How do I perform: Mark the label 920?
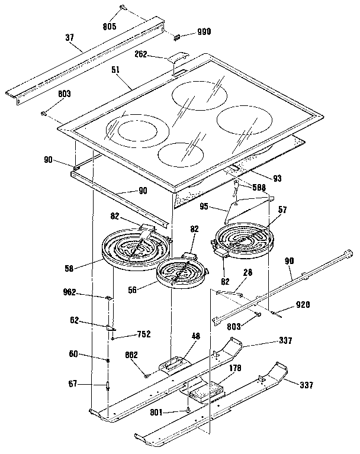(302, 305)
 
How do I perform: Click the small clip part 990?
(176, 37)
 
